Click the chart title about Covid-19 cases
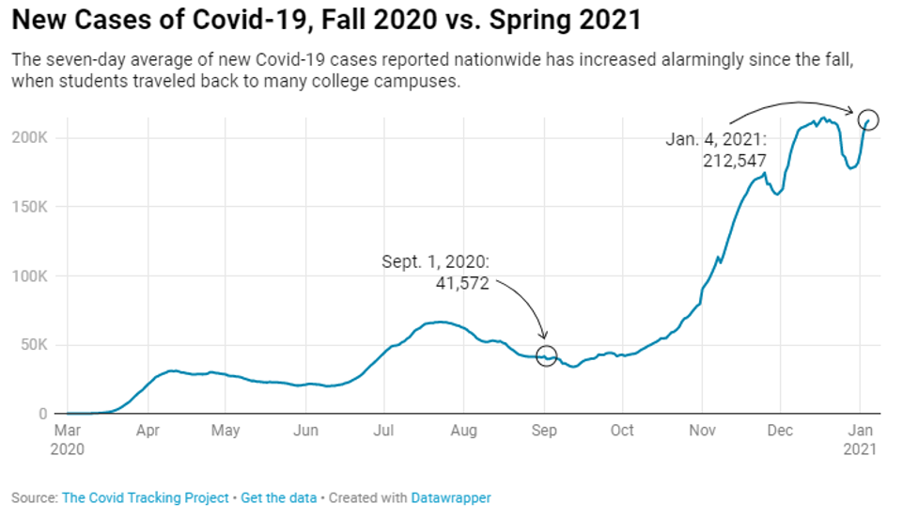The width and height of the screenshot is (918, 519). [326, 19]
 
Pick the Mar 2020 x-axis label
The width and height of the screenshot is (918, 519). [67, 439]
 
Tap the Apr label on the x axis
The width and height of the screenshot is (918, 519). [147, 431]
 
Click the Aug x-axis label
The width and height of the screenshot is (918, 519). [463, 431]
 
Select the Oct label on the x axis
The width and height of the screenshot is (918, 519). [622, 431]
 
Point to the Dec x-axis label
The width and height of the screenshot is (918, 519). [780, 431]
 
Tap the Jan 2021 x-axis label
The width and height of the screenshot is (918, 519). [861, 439]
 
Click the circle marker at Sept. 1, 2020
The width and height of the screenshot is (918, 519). [546, 355]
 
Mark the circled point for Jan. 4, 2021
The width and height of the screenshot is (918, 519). [868, 119]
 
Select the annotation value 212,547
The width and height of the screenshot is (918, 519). [735, 161]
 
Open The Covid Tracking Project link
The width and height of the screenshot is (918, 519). [145, 497]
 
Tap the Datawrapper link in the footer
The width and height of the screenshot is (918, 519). [451, 497]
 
